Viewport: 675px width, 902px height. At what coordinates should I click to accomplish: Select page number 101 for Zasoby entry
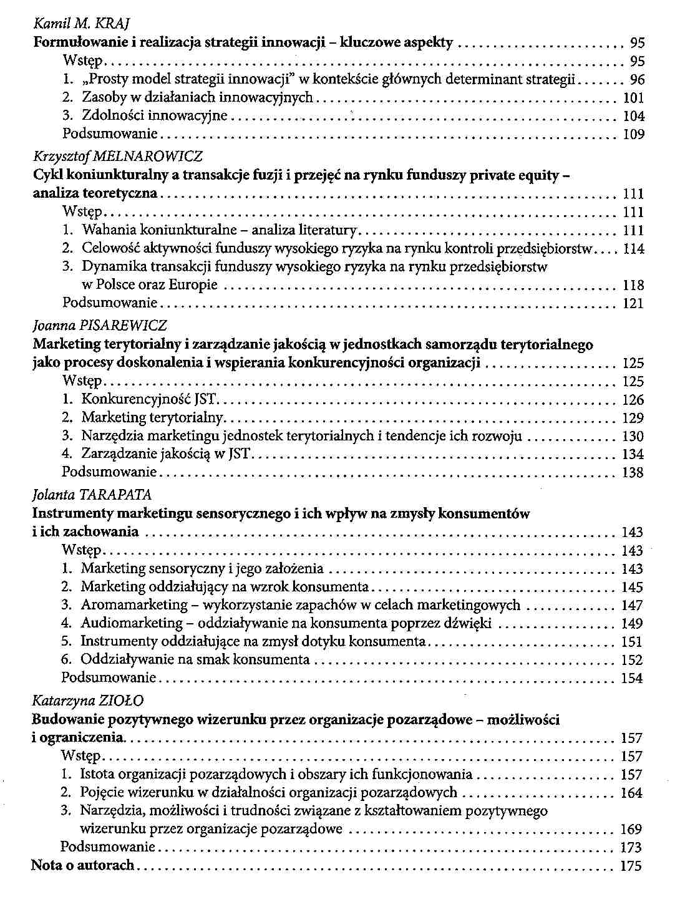[x=633, y=98]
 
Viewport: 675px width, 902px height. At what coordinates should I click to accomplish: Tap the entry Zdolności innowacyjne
[x=155, y=116]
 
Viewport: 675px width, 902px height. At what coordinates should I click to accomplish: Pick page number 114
[x=633, y=249]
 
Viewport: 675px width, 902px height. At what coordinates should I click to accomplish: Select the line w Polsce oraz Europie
[x=150, y=285]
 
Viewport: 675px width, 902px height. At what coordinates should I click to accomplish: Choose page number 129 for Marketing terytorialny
[x=633, y=418]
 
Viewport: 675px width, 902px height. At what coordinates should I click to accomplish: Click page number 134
[x=633, y=455]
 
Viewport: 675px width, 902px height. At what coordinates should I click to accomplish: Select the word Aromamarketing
[x=134, y=605]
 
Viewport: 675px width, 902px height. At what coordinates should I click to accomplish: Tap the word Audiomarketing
[x=131, y=623]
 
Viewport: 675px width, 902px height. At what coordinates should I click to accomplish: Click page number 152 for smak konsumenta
[x=632, y=660]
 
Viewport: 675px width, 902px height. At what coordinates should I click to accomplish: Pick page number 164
[x=631, y=793]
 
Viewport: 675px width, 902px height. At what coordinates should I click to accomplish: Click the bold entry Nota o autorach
[x=83, y=865]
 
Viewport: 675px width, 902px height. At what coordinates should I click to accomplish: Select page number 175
[x=631, y=866]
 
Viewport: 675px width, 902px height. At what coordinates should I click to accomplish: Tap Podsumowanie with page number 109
[x=110, y=134]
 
